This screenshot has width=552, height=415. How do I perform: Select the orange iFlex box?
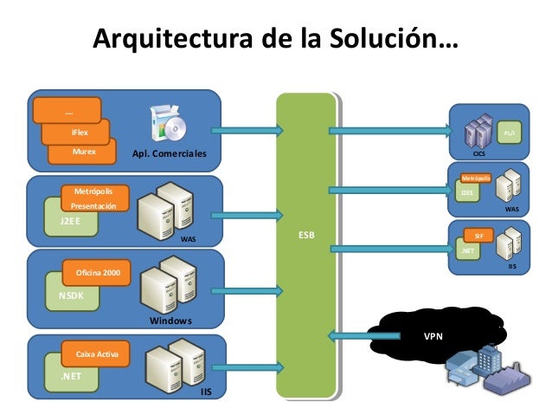pos(77,133)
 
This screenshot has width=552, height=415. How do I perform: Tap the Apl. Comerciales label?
pos(170,153)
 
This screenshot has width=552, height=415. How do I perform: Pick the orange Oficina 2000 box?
pos(97,274)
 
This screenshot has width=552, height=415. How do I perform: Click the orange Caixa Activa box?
pos(97,354)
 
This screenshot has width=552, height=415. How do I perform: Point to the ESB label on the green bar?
pos(305,235)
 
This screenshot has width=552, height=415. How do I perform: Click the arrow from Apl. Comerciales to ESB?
pos(247,131)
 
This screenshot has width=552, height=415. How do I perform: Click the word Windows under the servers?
pos(170,321)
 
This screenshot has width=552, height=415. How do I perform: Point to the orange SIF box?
pos(478,235)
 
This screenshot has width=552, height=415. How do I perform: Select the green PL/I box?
pos(510,134)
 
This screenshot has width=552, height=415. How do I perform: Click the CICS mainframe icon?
pos(478,133)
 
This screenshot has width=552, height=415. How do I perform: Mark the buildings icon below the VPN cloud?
pos(477,368)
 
